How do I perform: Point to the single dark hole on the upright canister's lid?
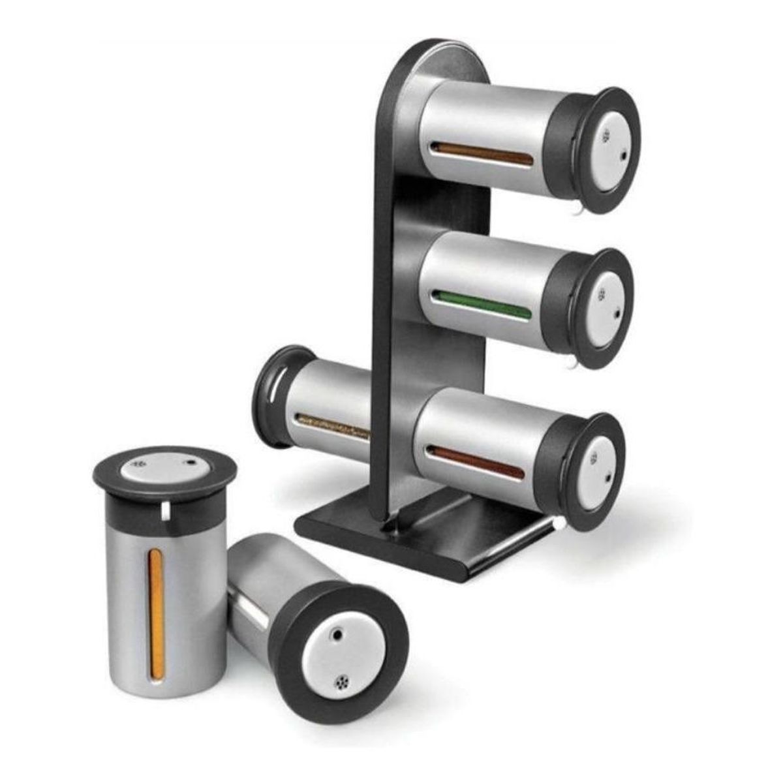(190, 463)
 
